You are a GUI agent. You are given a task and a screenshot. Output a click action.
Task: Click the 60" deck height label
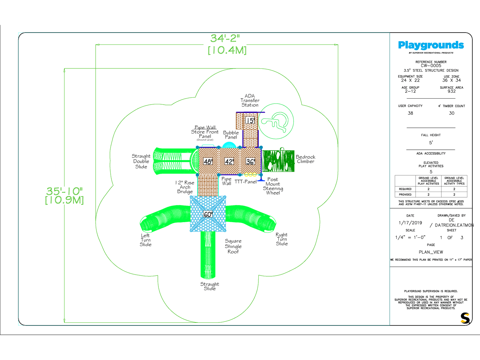point(208,215)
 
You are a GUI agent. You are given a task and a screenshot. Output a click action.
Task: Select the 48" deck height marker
point(208,162)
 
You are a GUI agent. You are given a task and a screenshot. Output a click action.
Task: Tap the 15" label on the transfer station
point(250,121)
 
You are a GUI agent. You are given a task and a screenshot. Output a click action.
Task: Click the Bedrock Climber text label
point(305,159)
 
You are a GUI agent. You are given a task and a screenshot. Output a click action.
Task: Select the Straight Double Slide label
point(141,161)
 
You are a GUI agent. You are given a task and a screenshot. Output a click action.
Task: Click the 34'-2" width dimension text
point(225,39)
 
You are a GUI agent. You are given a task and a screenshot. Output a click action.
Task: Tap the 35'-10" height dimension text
point(64,191)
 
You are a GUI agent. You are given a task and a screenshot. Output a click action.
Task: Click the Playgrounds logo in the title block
point(431,45)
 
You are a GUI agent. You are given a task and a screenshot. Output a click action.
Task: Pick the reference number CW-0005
point(431,66)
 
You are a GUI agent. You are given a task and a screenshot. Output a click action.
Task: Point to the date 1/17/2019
point(410,223)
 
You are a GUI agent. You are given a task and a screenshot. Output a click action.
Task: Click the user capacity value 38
point(410,113)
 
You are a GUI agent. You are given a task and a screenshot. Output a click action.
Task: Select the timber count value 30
point(451,113)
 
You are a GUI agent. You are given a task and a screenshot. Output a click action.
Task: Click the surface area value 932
point(451,91)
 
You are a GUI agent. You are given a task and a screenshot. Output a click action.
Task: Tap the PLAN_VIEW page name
point(431,252)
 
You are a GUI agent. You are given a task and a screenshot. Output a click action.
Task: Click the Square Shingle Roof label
point(233,246)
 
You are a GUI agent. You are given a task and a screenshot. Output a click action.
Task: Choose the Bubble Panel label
point(231,135)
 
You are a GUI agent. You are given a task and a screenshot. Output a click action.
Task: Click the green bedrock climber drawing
point(278,161)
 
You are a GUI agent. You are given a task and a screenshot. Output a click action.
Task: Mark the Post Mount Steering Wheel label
point(273,186)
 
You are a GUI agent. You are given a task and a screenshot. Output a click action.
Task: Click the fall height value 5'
point(431,143)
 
